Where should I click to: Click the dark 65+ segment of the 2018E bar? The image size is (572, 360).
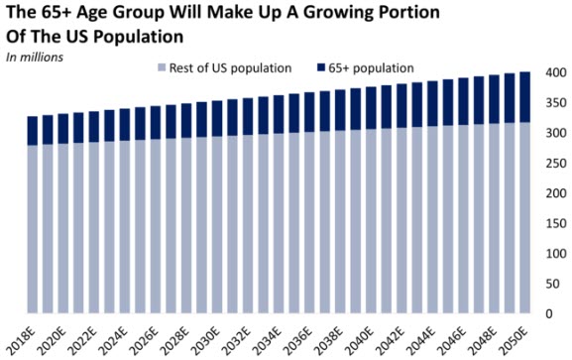coord(33,130)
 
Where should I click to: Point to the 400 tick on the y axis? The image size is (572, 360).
coord(550,73)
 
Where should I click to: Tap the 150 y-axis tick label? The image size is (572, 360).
coord(550,222)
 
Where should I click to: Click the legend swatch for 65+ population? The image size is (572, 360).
coord(320,68)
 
